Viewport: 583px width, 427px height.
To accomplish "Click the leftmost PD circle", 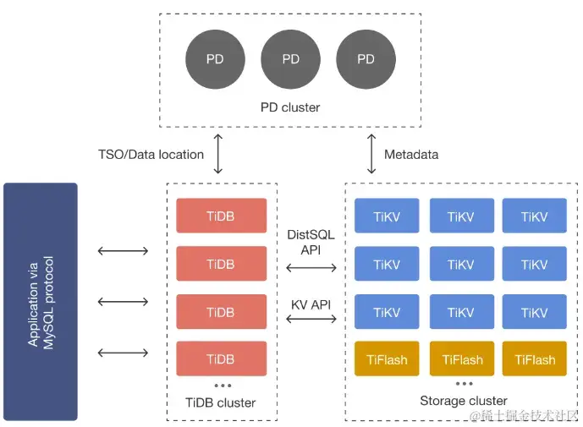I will [215, 59].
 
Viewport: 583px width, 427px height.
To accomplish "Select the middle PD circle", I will [290, 59].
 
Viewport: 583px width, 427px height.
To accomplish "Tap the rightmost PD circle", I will [366, 59].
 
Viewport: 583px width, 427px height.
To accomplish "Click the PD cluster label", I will [290, 107].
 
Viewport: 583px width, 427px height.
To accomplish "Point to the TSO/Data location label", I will [151, 154].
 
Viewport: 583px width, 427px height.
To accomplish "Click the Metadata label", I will [411, 154].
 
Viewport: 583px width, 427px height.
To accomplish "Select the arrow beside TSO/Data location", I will [218, 153].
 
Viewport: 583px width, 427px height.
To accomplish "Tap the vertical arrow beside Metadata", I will [372, 153].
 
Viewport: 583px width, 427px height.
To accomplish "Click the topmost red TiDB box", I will [221, 216].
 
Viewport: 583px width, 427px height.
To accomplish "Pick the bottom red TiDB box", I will [221, 359].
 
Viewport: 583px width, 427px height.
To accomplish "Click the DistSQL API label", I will [311, 242].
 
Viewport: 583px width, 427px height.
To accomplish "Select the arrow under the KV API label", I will [311, 319].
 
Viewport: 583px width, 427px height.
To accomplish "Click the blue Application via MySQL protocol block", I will [41, 301].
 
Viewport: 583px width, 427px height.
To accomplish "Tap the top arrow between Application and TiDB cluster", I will [124, 250].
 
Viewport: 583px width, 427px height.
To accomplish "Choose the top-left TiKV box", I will [387, 216].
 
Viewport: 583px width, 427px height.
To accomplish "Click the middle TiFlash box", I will [461, 359].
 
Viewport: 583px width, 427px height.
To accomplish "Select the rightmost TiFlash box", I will [535, 359].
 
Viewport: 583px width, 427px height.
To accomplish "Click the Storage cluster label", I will [464, 400].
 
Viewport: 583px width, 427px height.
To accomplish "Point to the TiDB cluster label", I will [221, 402].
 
